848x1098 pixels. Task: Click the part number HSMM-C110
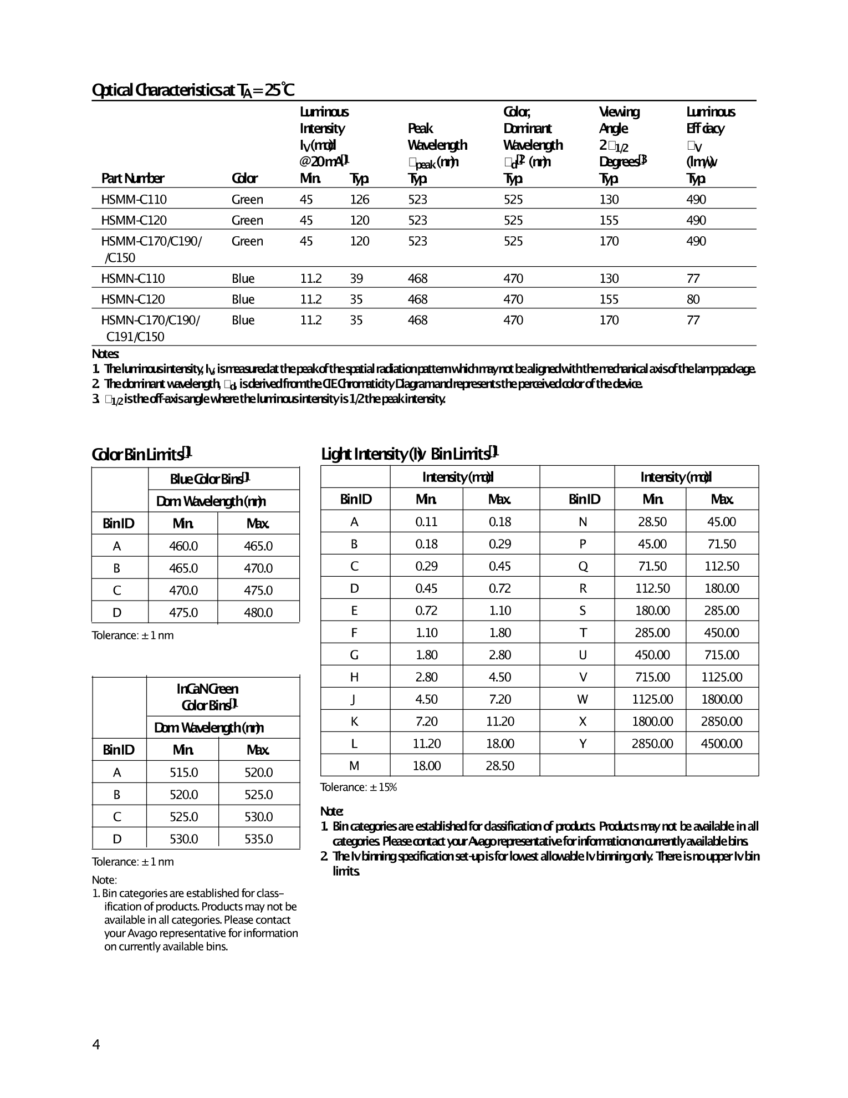[x=134, y=200]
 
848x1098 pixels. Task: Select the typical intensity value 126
[x=359, y=200]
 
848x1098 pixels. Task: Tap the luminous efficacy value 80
[x=693, y=299]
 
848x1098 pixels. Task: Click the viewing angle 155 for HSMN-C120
[x=609, y=299]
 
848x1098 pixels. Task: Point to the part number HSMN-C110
[x=132, y=278]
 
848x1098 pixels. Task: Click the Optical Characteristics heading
[x=192, y=90]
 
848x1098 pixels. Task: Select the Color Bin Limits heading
[x=141, y=455]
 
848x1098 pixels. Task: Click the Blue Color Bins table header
[x=210, y=479]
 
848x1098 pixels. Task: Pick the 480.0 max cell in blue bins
[x=258, y=613]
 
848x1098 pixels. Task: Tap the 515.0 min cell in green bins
[x=183, y=772]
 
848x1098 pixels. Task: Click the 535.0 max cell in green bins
[x=258, y=839]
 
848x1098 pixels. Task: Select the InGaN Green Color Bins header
[x=208, y=697]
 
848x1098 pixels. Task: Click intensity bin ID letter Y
[x=583, y=744]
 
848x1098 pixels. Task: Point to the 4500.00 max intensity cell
[x=721, y=744]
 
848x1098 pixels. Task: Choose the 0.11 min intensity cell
[x=426, y=522]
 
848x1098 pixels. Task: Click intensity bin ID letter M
[x=354, y=766]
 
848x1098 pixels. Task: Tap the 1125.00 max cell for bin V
[x=721, y=677]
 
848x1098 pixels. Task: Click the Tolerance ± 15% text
[x=358, y=787]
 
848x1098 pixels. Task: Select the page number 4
[x=96, y=1045]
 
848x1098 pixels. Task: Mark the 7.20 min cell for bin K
[x=426, y=721]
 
